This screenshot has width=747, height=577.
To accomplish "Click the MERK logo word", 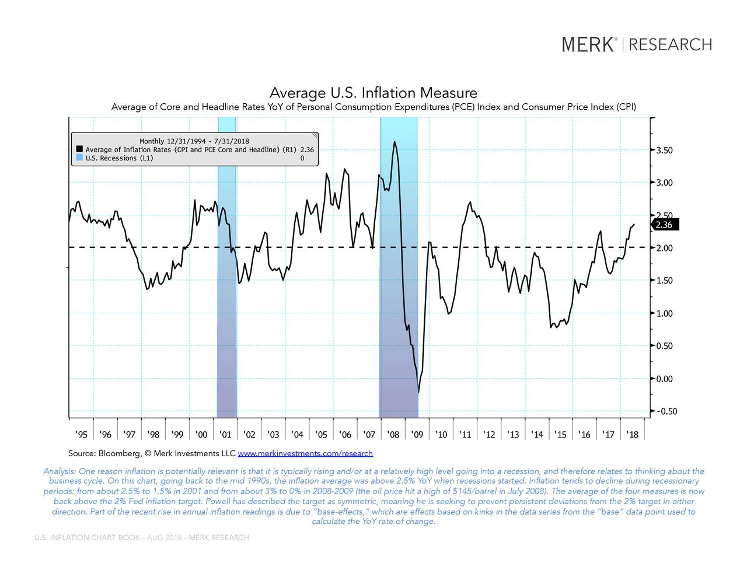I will point(588,44).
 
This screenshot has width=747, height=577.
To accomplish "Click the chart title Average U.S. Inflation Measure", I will point(373,93).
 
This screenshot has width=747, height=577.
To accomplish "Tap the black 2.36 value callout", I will point(664,225).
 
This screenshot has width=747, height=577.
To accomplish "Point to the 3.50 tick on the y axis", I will point(664,150).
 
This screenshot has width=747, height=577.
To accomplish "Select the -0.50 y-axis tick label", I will point(666,411).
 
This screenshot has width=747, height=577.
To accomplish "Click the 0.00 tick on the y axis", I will point(664,379).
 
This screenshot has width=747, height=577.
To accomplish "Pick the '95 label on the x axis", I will point(81,435).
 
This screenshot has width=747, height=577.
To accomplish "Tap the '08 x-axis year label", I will point(393,435).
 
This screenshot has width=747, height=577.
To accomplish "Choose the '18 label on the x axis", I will point(632,435).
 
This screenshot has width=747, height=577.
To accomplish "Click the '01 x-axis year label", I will point(225,435).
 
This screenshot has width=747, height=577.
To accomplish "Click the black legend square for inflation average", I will point(79,150).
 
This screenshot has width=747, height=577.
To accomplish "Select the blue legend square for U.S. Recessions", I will point(79,158).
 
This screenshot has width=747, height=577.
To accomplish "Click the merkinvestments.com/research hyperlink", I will point(305,453).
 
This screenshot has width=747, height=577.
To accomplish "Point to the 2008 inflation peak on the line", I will point(395,142).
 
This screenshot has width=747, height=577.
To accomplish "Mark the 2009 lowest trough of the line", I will point(418,391).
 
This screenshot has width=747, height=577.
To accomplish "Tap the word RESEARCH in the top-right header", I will point(671,44).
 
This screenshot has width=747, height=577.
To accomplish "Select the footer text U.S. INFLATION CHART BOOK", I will point(87,537).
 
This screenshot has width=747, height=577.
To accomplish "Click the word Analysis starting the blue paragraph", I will point(60,471).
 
